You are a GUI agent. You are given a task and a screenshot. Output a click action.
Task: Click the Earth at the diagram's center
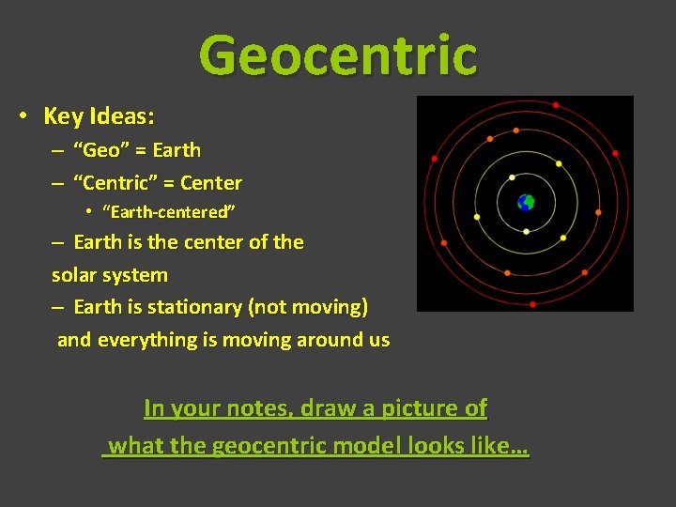coord(526,202)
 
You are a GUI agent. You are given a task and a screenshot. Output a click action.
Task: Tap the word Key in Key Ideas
coord(64,116)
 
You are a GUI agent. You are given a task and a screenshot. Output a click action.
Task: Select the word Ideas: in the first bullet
coord(122,116)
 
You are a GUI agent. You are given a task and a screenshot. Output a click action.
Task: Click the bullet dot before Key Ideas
coord(21,116)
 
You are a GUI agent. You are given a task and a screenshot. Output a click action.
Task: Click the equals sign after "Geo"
coord(139,150)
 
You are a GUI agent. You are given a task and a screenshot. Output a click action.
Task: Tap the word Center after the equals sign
coord(211,183)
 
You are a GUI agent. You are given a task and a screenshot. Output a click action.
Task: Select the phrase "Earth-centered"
coord(169,210)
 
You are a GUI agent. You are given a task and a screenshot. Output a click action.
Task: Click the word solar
coord(77,275)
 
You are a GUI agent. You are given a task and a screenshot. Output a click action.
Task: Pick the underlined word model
coord(373,446)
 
